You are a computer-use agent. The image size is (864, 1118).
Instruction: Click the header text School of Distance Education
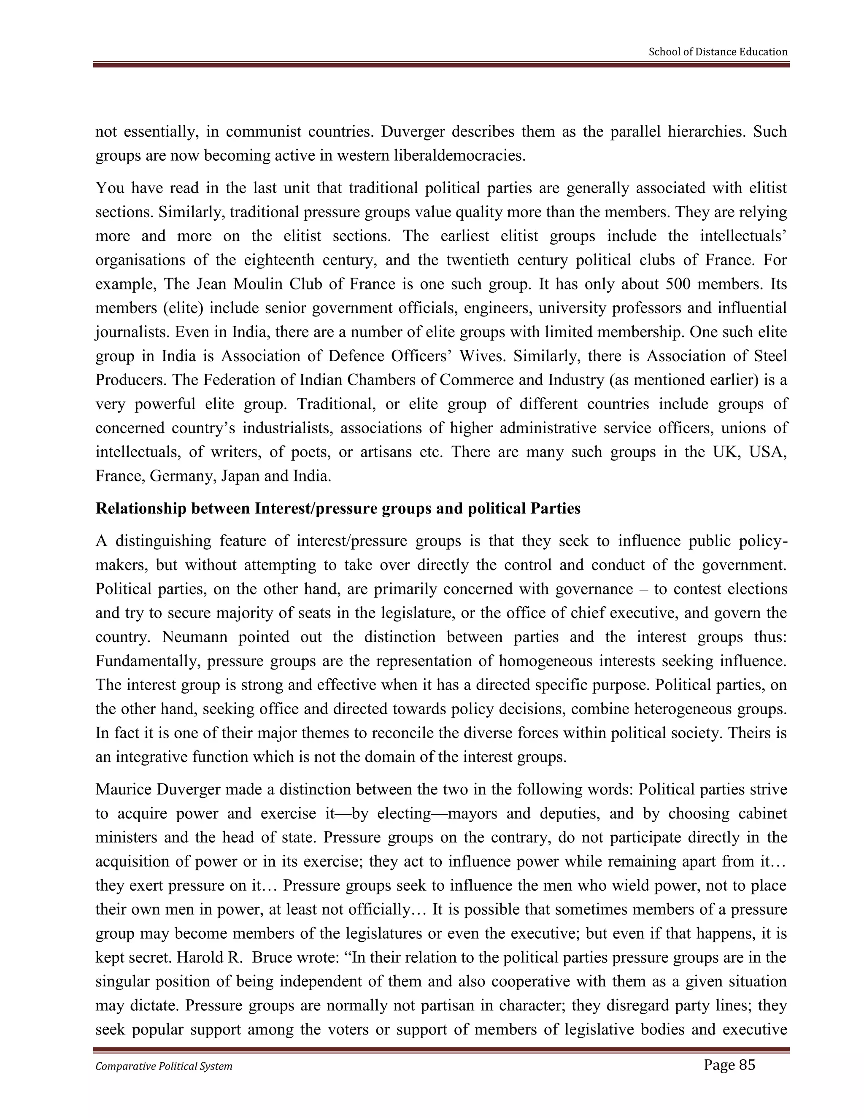(718, 52)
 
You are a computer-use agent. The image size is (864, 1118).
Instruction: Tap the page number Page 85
(729, 1065)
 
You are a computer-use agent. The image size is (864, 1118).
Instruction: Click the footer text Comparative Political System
(164, 1066)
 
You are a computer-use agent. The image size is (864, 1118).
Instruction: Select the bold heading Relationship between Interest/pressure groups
(338, 508)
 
